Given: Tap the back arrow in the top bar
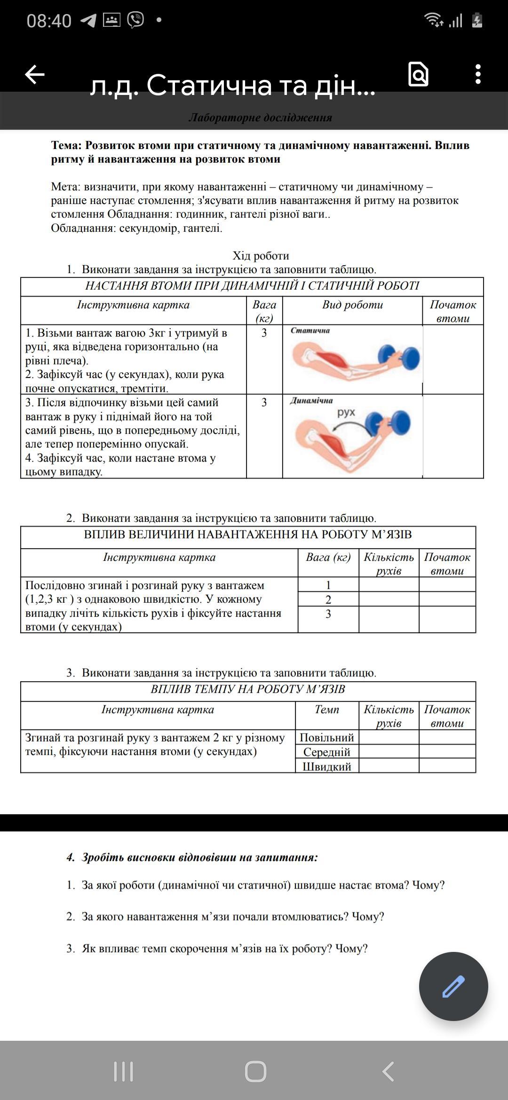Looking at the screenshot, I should point(34,74).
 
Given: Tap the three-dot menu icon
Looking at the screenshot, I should point(478,74).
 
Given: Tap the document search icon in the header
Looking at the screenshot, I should point(418,74).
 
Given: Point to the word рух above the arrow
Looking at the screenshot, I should point(346,413).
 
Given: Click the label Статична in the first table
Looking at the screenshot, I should point(310,330).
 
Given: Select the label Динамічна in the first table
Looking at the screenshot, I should point(311,401).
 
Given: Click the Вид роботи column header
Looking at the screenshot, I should point(352,305).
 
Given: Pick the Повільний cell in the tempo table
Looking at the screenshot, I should point(326,737).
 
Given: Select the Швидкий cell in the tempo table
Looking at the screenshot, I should point(326,766).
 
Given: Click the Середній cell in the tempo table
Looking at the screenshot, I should point(326,752).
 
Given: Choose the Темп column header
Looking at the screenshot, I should point(326,709).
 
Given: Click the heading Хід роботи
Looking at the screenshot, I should point(261,256).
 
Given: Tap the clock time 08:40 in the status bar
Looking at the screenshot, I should point(49,21).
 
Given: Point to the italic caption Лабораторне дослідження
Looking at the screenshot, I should point(260,118).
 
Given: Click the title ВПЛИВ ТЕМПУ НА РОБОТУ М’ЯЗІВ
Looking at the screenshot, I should point(248,689).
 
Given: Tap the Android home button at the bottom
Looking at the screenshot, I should point(255,1072).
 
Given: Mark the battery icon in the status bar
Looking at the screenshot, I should point(477,21).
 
